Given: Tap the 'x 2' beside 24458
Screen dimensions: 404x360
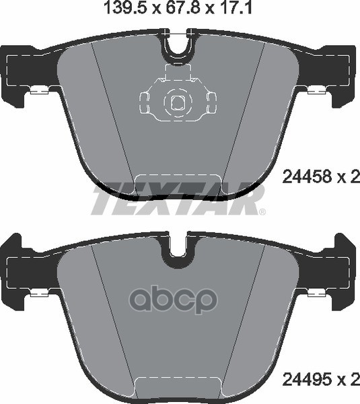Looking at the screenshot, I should click(345, 178).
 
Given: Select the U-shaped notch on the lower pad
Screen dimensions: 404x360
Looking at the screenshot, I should click(178, 247).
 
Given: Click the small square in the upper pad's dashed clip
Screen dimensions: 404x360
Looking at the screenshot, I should click(178, 102).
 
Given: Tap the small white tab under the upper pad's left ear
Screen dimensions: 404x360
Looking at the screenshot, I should click(37, 91).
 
